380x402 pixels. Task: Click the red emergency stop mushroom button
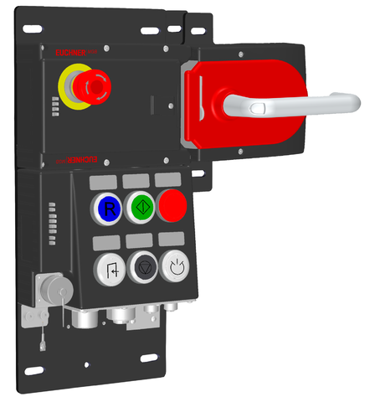coord(88,85)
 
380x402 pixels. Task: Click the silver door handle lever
coord(293,104)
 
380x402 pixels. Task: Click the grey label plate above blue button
coord(104,182)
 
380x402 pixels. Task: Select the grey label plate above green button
coord(135,181)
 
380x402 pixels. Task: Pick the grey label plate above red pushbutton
coord(167,180)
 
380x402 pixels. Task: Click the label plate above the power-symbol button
coord(172,240)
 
